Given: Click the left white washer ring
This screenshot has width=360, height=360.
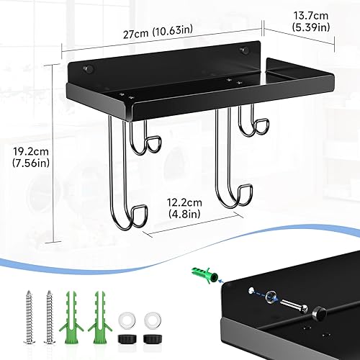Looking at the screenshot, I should pos(127,298).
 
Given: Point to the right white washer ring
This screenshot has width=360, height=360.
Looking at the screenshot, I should pos(151,298).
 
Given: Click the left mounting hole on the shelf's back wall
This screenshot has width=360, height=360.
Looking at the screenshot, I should pos(89,69).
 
